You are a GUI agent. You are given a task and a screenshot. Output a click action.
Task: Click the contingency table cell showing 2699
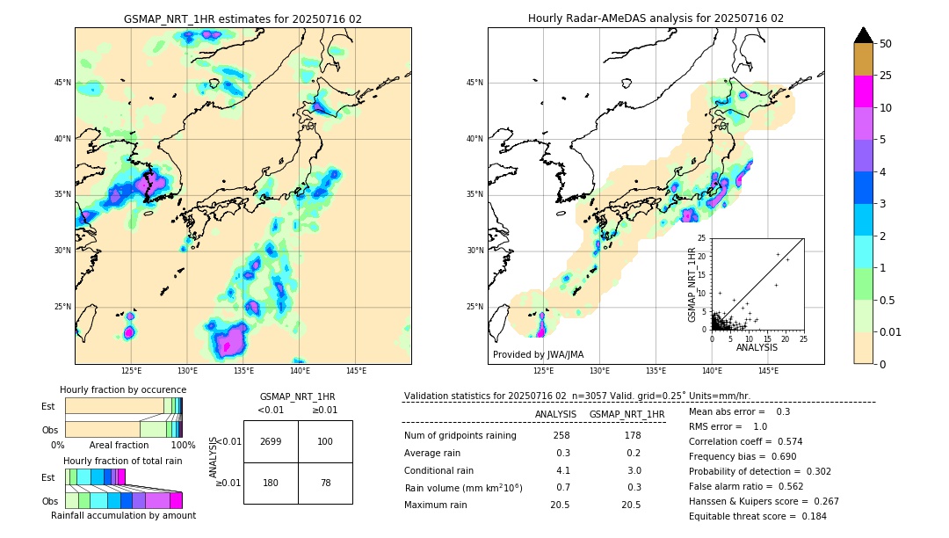point(271,441)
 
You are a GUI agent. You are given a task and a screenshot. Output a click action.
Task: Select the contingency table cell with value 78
point(325,483)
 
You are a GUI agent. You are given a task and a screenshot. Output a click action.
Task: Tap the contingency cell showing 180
point(271,483)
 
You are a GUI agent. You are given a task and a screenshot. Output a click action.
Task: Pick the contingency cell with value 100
point(325,441)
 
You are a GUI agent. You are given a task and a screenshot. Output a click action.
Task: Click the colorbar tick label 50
point(886,44)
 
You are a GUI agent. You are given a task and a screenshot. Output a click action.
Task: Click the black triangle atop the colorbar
point(863,35)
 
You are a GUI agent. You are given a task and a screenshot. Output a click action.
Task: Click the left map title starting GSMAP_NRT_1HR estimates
point(243,18)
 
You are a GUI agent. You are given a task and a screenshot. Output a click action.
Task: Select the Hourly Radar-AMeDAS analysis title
point(656,18)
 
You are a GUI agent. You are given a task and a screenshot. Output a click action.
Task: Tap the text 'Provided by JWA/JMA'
point(538,355)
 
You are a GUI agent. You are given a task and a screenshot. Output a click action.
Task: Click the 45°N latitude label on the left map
point(62,83)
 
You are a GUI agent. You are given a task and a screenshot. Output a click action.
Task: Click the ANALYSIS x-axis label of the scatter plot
point(757,348)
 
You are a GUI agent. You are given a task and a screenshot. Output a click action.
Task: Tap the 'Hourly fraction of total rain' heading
point(123,461)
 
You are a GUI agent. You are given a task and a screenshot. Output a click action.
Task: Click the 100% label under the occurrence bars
point(183,446)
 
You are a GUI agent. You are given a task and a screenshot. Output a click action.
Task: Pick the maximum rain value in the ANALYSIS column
point(561,505)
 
